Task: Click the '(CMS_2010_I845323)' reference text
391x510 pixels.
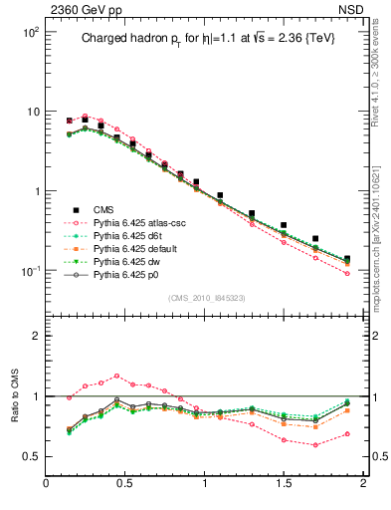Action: (204, 296)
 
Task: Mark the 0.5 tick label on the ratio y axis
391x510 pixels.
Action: (31, 457)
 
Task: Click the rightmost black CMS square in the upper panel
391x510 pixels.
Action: (346, 260)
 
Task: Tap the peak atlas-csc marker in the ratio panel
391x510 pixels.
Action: (117, 377)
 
